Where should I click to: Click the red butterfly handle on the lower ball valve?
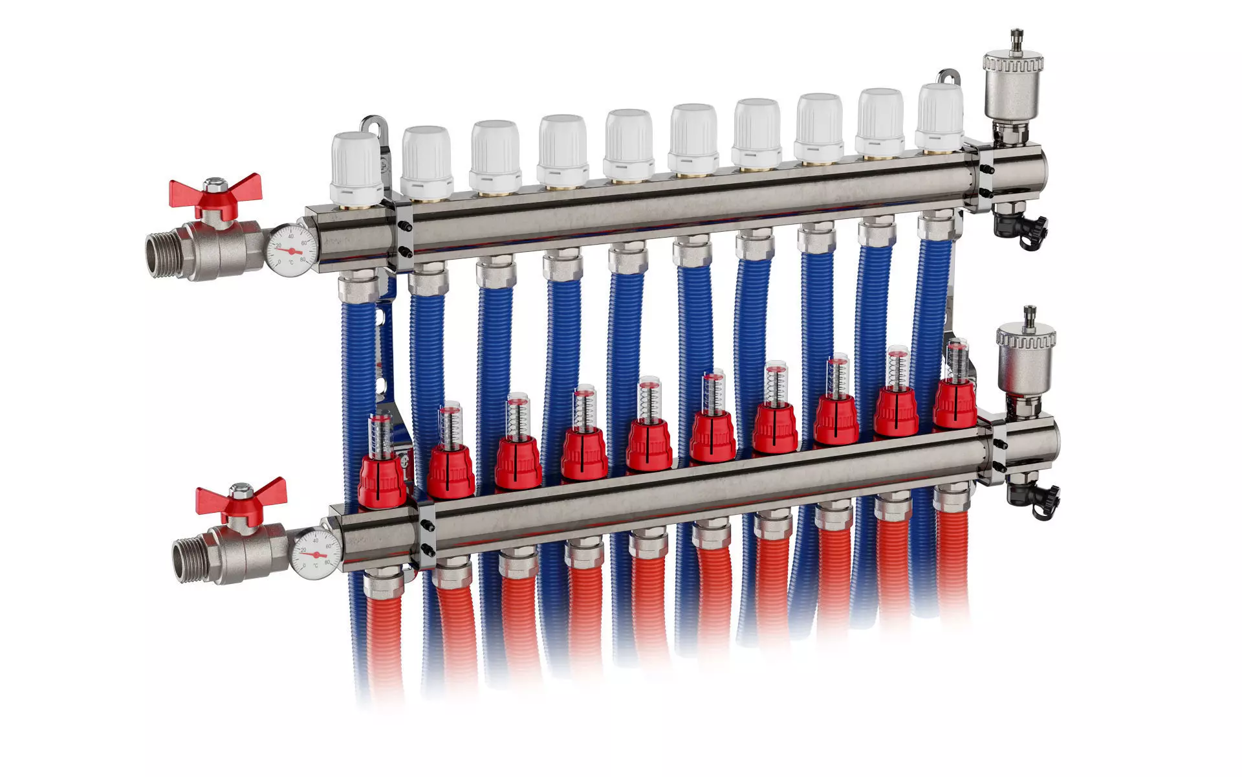[x=240, y=497]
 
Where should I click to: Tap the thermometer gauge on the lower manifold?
[x=316, y=554]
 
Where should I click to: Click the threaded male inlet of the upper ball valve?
[x=161, y=256]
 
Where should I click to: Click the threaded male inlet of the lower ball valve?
[x=188, y=561]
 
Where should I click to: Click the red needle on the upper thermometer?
[x=292, y=250]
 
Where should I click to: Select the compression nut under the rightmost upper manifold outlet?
[x=939, y=227]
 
